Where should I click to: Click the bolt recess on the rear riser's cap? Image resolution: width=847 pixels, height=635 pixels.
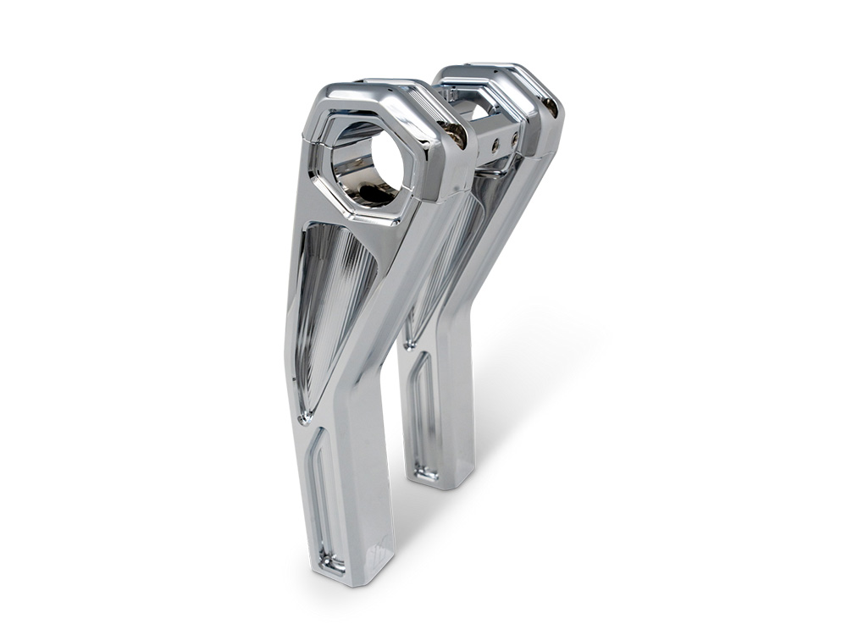pos(551,106)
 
